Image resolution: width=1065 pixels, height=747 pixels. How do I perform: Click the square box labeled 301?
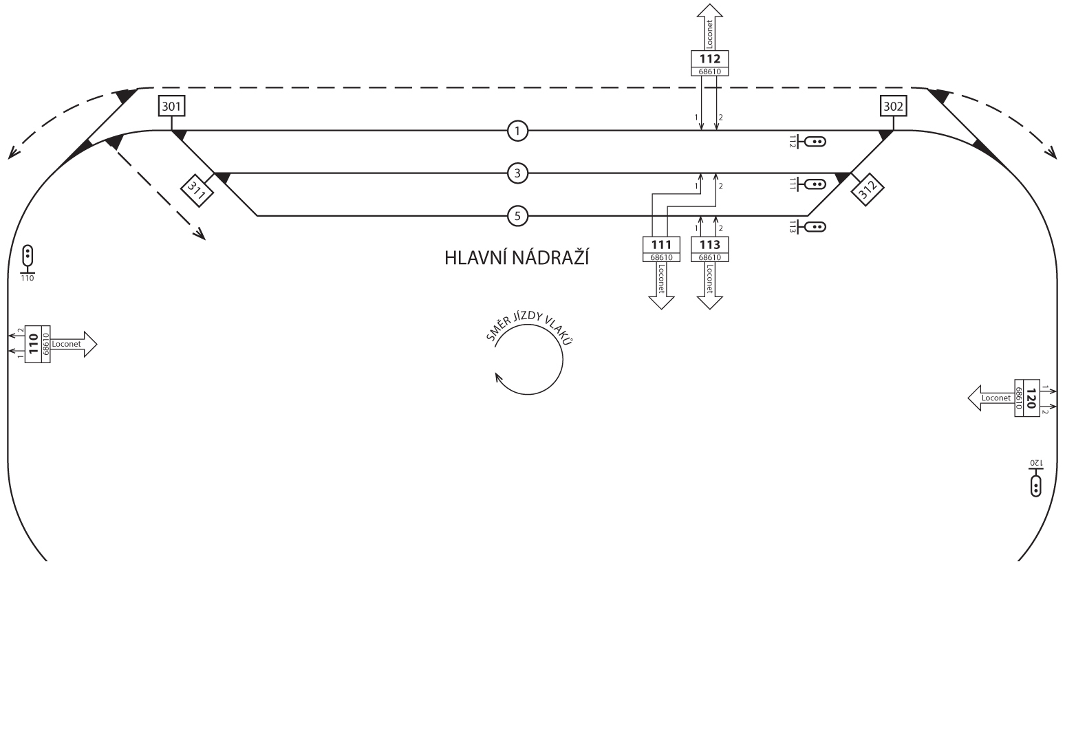point(171,107)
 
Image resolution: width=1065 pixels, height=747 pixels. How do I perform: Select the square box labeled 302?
point(893,107)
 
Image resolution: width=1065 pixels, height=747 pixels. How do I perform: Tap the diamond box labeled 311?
point(197,191)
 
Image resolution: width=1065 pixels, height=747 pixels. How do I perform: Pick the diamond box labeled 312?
point(868,190)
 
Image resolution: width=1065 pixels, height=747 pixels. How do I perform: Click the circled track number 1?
point(517,130)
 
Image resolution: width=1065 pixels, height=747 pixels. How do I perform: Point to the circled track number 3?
point(517,173)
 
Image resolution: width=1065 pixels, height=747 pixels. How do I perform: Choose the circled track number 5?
point(517,217)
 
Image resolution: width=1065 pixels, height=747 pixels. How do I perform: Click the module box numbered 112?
point(709,63)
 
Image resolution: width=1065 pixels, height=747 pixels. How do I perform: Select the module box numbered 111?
point(661,249)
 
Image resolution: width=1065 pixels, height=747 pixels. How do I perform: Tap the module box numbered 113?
point(709,249)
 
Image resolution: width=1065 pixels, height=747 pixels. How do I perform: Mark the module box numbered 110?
point(37,344)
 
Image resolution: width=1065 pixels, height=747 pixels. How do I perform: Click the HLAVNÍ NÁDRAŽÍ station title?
point(517,259)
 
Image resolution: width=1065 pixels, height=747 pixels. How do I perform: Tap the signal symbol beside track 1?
point(815,142)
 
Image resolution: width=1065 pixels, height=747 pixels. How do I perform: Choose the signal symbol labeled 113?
point(815,227)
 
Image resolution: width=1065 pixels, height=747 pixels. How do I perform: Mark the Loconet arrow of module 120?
point(991,398)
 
